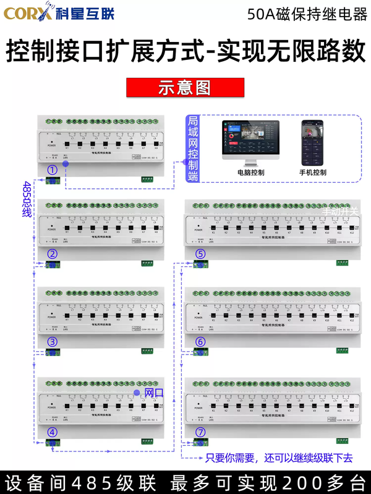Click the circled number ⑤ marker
click(200, 253)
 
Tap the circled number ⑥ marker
click(200, 341)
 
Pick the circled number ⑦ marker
click(200, 432)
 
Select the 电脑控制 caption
click(250, 173)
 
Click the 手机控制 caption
click(313, 173)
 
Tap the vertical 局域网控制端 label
click(193, 148)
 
